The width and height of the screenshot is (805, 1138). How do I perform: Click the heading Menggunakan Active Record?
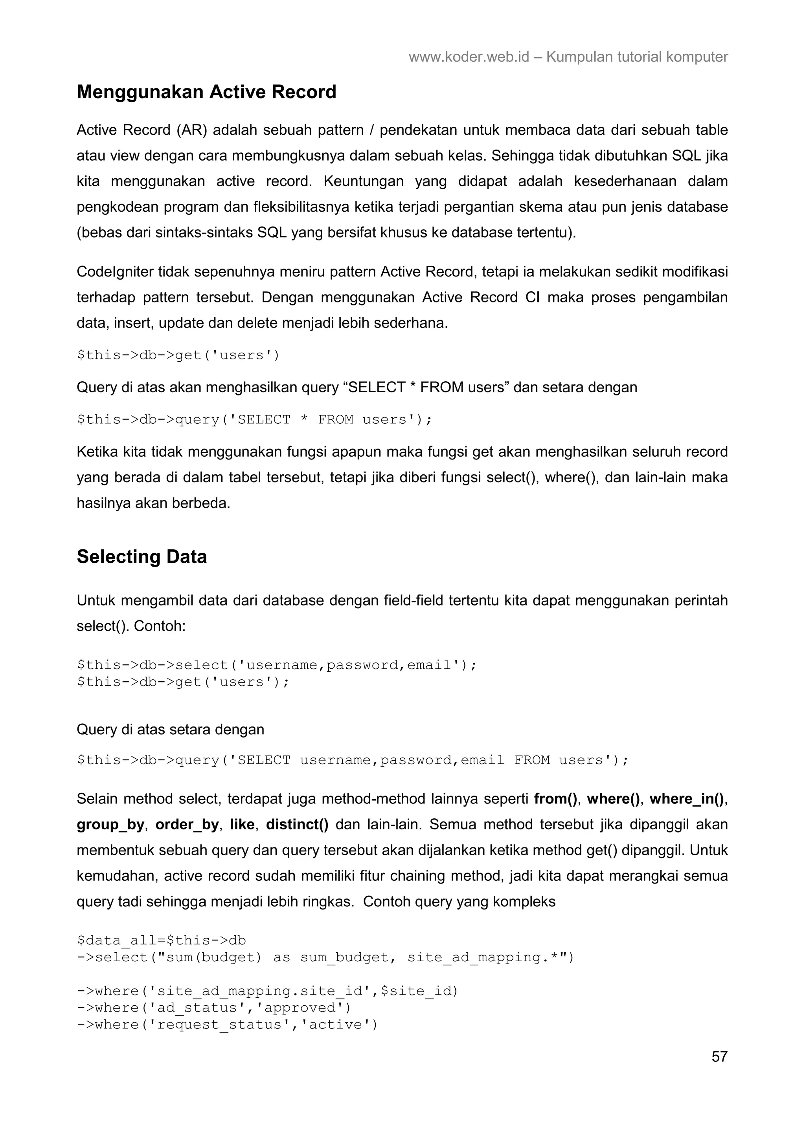click(206, 92)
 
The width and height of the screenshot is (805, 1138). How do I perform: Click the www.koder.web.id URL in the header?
click(469, 57)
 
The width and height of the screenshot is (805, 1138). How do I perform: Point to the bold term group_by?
click(110, 824)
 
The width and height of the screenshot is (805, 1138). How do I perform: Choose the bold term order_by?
click(187, 824)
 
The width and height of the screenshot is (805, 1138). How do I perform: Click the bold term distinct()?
click(297, 824)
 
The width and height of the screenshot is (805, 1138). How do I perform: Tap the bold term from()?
click(555, 799)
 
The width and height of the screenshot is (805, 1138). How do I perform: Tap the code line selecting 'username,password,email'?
click(277, 665)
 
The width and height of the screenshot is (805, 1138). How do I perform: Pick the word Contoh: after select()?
click(160, 626)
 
